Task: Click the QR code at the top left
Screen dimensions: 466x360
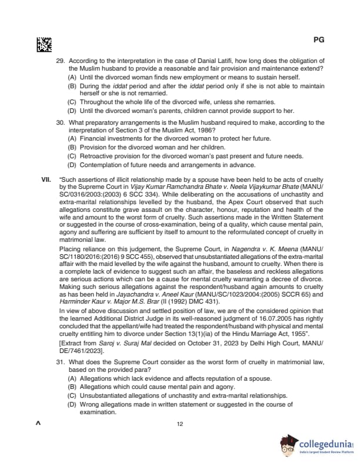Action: [44, 44]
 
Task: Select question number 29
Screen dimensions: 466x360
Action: [59, 61]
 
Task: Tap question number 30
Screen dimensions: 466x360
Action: [59, 123]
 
